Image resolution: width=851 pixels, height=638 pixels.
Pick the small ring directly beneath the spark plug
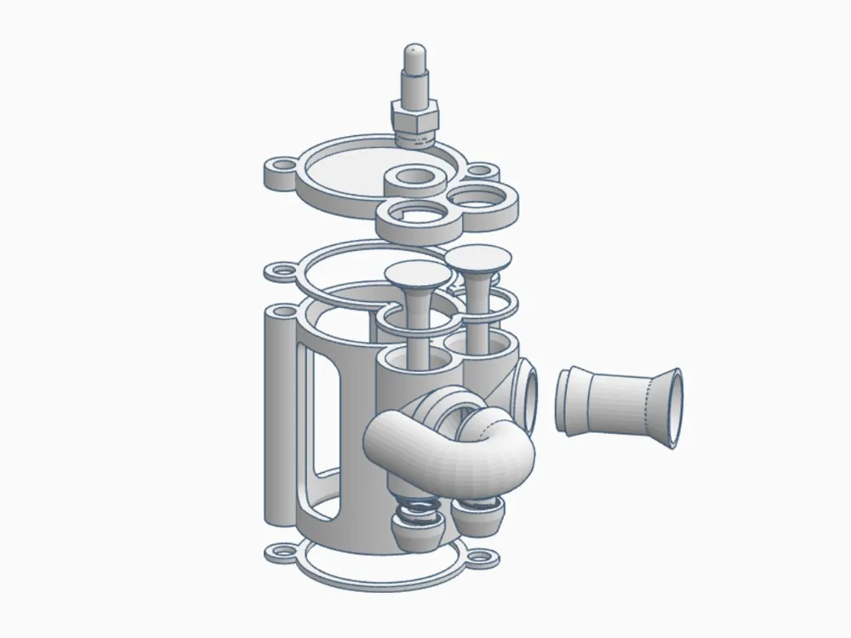pos(414,179)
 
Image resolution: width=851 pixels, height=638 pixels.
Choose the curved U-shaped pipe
pos(451,447)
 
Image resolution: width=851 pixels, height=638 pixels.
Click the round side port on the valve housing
pos(525,396)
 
